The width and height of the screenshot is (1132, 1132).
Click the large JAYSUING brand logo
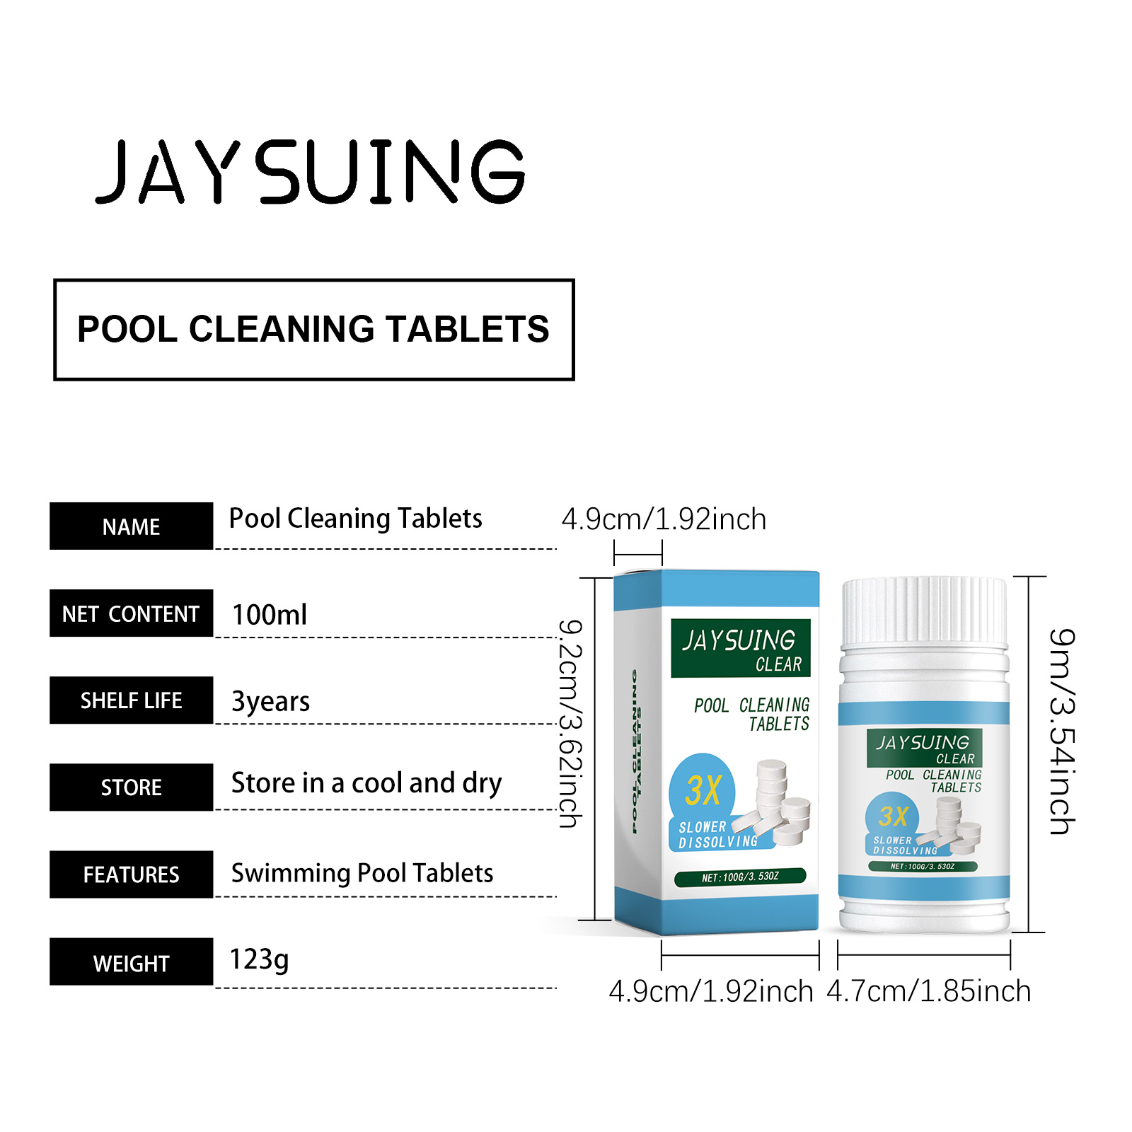pos(310,171)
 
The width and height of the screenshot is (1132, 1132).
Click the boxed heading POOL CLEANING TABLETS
pos(313,330)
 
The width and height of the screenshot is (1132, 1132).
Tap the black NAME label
pos(131,526)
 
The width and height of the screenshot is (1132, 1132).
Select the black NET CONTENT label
pos(131,613)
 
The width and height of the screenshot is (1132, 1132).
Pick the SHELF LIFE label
pos(131,700)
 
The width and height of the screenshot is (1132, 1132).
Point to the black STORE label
pos(131,787)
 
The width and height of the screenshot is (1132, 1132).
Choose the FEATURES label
pos(131,874)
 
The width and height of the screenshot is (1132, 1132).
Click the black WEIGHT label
pos(131,961)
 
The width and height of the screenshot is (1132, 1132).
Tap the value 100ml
pos(270,614)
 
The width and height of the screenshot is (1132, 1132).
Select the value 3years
pos(271,701)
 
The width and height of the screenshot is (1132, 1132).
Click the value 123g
pos(259,960)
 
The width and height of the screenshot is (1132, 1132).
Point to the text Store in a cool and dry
pos(366,783)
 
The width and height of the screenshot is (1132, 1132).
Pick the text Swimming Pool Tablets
pos(362,873)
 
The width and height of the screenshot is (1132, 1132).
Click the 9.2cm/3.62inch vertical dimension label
pos(570,723)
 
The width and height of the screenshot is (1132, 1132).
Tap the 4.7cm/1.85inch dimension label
pos(928,991)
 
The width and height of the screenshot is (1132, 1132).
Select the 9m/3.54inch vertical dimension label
pos(1062,732)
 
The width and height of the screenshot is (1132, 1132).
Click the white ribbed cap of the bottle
pos(924,611)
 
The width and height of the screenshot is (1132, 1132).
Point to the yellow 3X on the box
pos(703,790)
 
